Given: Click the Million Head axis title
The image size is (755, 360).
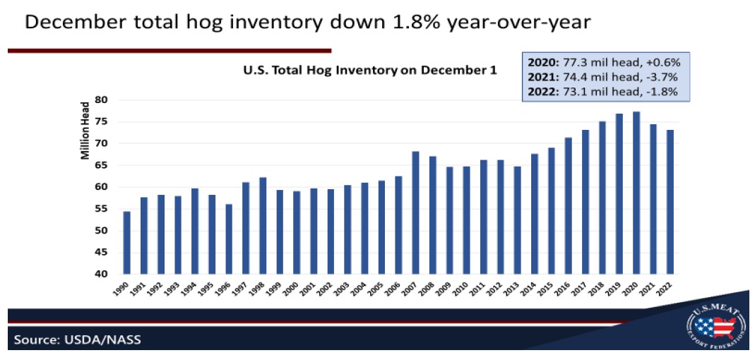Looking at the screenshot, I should (x=85, y=130).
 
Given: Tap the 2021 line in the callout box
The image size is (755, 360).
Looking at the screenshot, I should (x=605, y=76).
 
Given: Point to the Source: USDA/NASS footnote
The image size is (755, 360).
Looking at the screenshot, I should (x=76, y=340).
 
